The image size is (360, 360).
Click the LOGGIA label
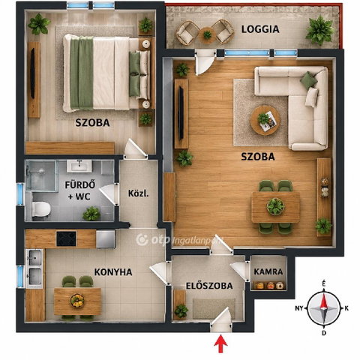pyautogui.click(x=260, y=29)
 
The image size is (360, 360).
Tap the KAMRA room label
pyautogui.click(x=268, y=271)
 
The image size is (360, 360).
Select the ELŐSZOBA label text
pyautogui.click(x=209, y=286)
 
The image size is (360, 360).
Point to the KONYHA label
pyautogui.click(x=113, y=272)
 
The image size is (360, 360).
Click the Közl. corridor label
pyautogui.click(x=139, y=193)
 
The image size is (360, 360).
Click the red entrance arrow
pyautogui.click(x=220, y=343)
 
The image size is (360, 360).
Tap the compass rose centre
pyautogui.click(x=324, y=308)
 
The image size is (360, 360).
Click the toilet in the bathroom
pyautogui.click(x=41, y=209)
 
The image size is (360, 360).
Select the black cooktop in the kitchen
pyautogui.click(x=66, y=238)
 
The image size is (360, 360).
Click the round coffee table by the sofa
pyautogui.click(x=265, y=120)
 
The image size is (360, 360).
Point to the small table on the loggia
pyautogui.click(x=207, y=34)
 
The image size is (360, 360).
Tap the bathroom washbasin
pyautogui.click(x=79, y=166)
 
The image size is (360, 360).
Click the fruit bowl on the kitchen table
pyautogui.click(x=77, y=300)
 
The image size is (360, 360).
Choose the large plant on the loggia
pyautogui.click(x=320, y=30)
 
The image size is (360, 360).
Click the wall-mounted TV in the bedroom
pyautogui.click(x=32, y=73)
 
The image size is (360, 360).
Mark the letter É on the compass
pyautogui.click(x=324, y=283)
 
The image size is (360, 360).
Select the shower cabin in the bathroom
pyautogui.click(x=40, y=175)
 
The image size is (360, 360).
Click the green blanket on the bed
pyautogui.click(x=82, y=73)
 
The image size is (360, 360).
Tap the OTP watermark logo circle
pyautogui.click(x=142, y=240)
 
